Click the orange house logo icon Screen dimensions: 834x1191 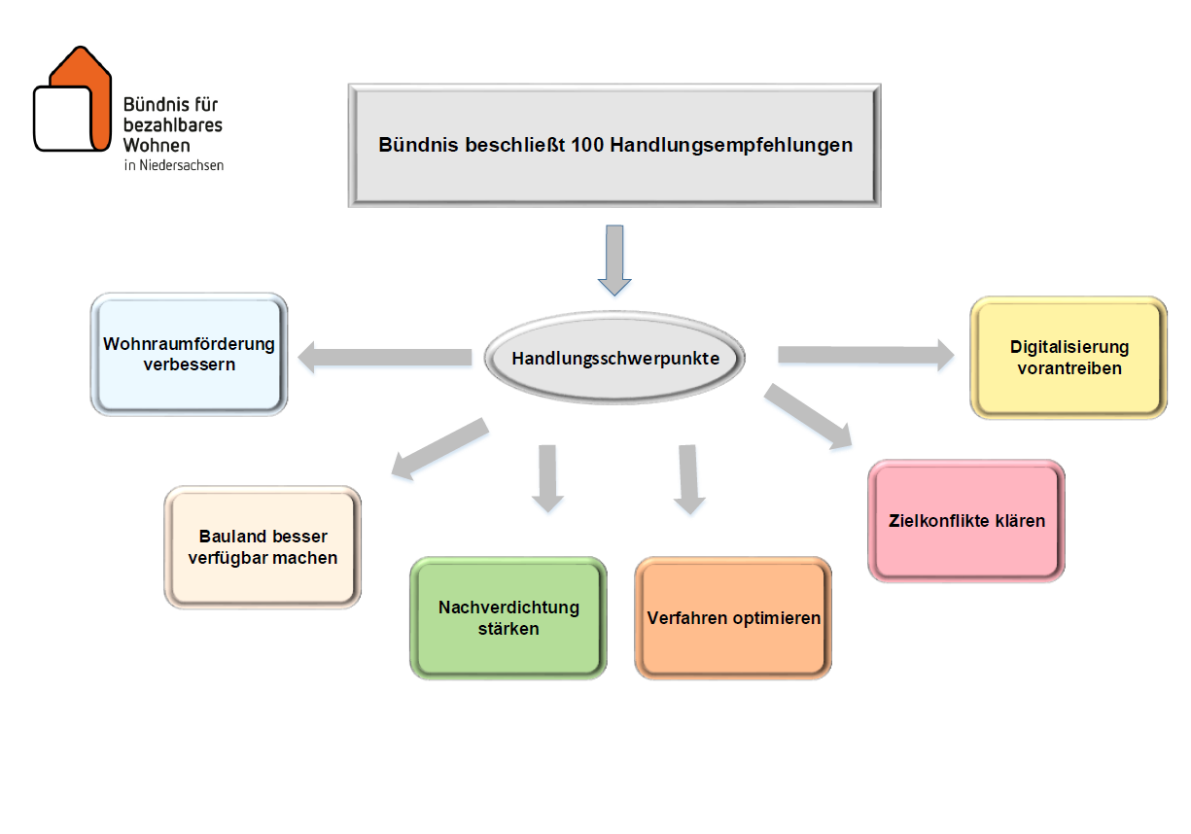click(73, 102)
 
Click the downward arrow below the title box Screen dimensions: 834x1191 click(613, 260)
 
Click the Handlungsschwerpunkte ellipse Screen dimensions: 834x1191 click(615, 358)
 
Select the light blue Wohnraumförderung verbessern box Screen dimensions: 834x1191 click(189, 355)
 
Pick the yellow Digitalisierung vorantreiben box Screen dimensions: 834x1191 click(1068, 358)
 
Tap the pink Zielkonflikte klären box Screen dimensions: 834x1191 click(966, 521)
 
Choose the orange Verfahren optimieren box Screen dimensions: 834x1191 click(733, 618)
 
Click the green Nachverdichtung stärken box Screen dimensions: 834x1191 click(508, 618)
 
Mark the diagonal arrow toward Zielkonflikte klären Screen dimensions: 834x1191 click(807, 416)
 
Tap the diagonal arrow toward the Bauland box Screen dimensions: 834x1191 click(439, 448)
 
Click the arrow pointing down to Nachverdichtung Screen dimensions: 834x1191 click(547, 477)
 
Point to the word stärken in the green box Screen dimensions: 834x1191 click(508, 629)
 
